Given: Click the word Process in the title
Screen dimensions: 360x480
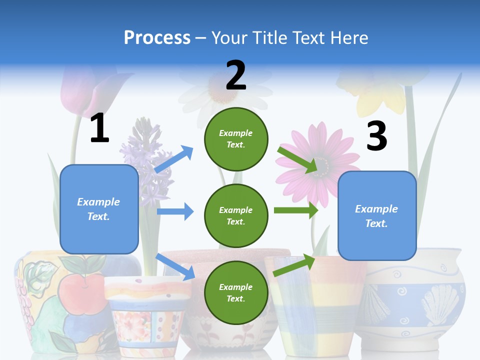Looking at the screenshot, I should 157,37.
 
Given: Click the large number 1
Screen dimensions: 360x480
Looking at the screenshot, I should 99,128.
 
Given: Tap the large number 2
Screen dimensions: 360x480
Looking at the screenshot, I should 236,75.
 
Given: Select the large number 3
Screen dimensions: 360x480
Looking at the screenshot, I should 376,136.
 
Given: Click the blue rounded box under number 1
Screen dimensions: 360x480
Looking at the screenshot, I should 99,209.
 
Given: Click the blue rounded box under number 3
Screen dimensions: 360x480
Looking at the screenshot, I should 377,215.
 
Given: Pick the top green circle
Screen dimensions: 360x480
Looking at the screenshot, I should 236,138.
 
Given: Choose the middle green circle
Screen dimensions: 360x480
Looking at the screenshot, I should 236,215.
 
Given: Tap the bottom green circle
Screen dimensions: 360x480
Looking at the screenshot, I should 236,292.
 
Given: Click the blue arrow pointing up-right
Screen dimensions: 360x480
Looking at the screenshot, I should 174,159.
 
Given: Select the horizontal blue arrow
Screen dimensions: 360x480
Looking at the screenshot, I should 175,211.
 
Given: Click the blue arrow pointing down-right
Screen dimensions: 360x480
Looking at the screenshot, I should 175,266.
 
